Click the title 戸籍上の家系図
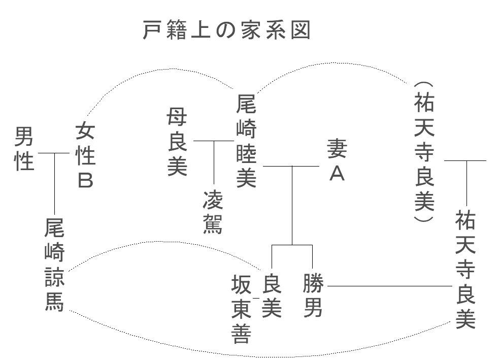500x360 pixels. (227, 31)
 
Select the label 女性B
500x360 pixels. (85, 156)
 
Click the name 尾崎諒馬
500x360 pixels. (54, 265)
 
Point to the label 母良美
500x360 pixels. (177, 144)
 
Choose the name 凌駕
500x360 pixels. (213, 212)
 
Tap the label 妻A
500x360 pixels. (337, 159)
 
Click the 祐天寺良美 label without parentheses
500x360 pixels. (465, 270)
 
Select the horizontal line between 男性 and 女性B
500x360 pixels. (53, 153)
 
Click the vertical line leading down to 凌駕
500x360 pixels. (213, 162)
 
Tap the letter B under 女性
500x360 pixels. (85, 180)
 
